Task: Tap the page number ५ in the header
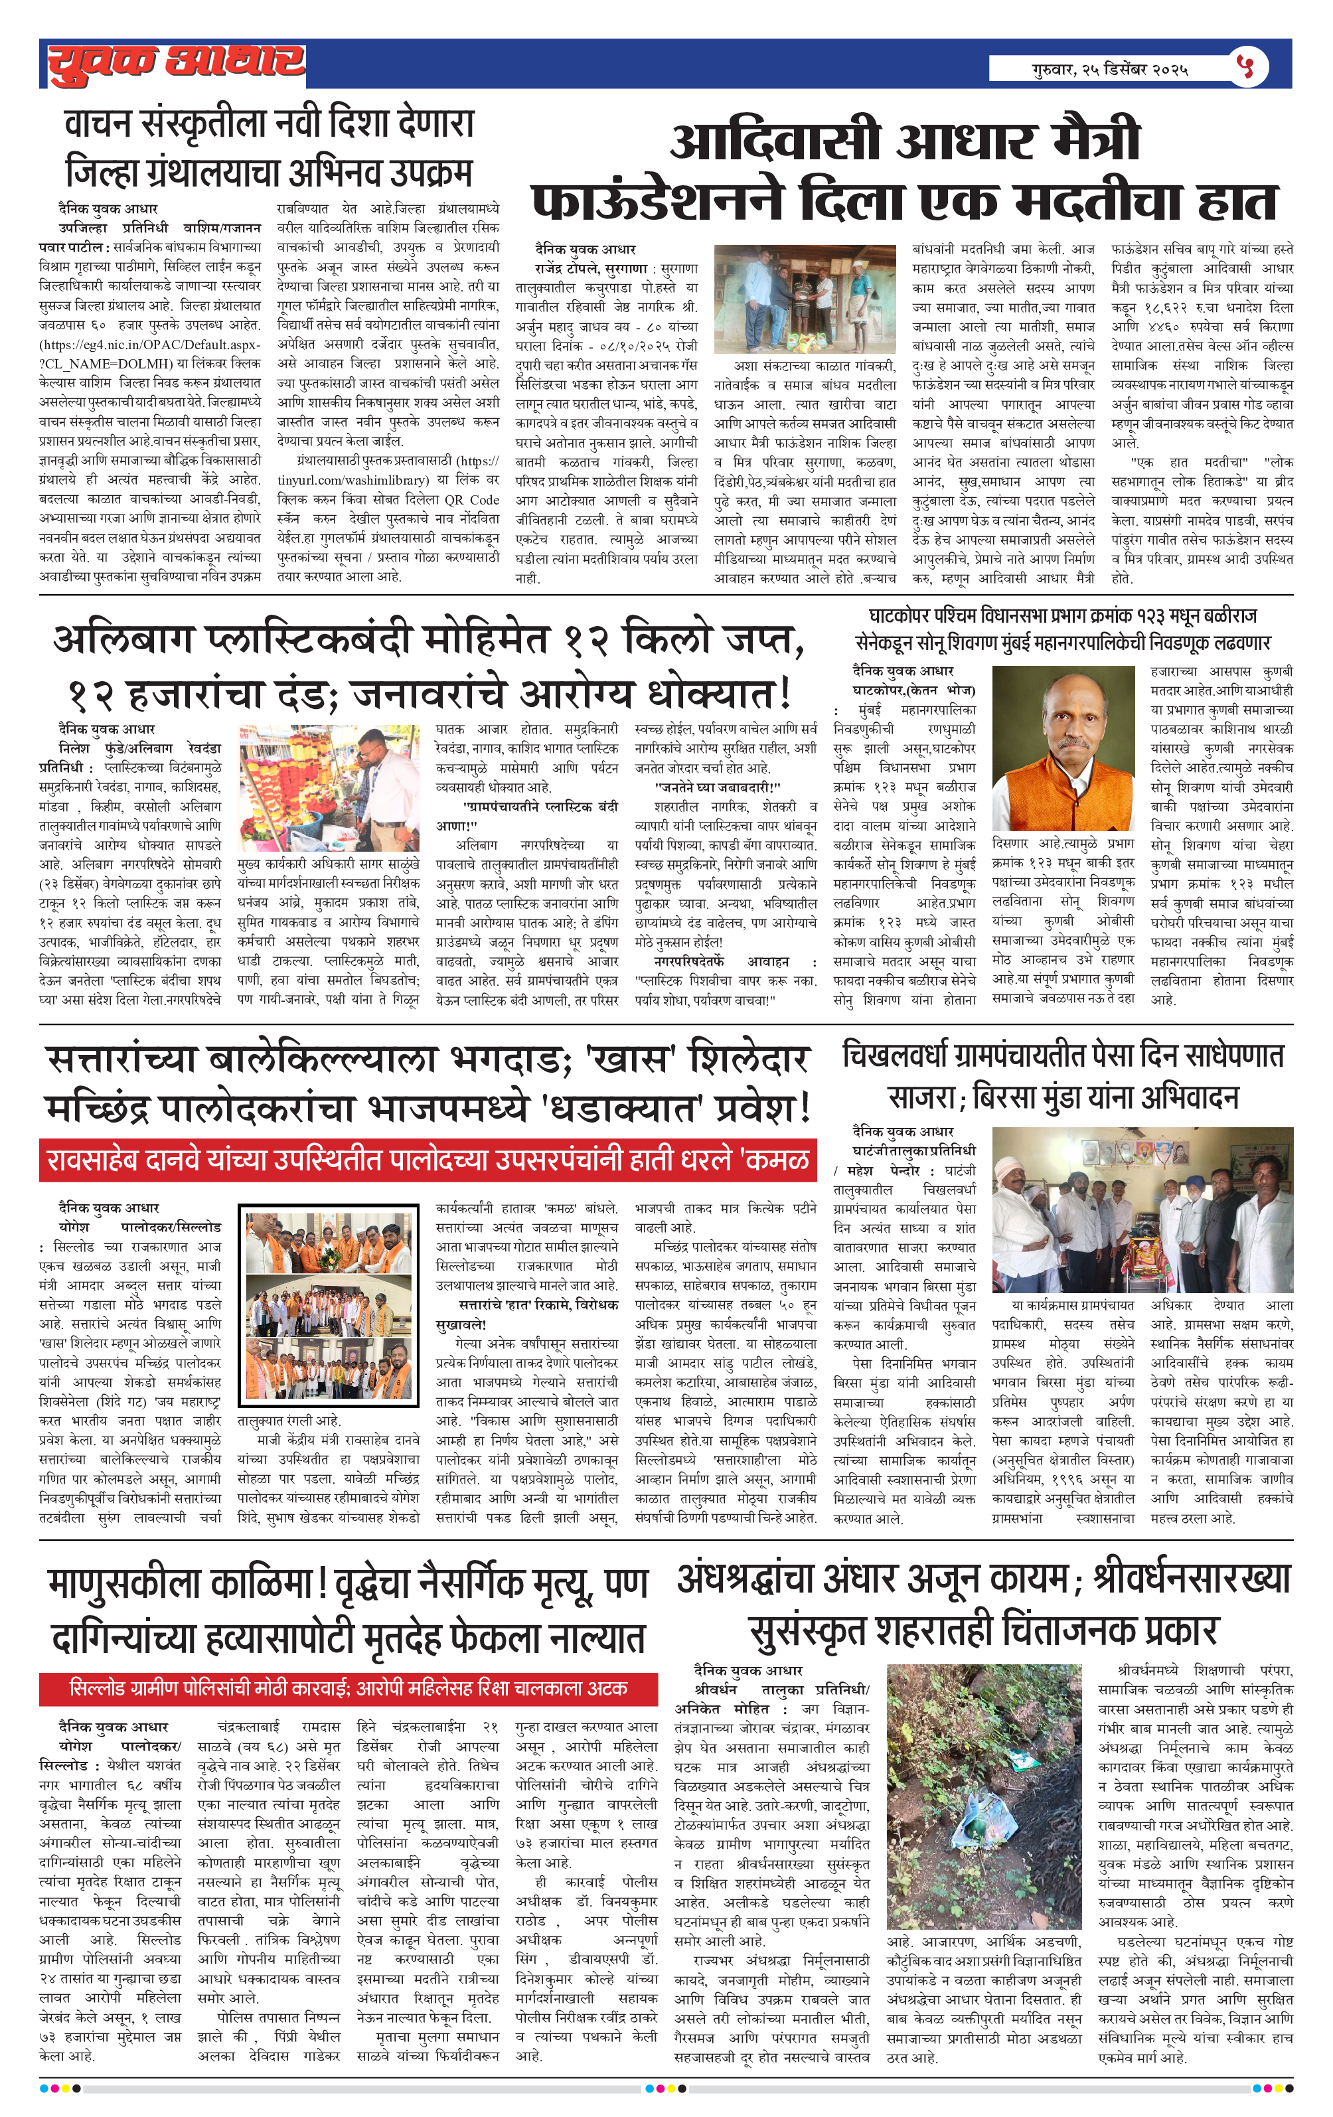click(1246, 67)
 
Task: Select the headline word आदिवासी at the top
click(775, 141)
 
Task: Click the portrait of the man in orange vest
click(1062, 748)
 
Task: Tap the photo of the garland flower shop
click(329, 788)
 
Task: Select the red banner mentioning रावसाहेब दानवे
click(428, 1160)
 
